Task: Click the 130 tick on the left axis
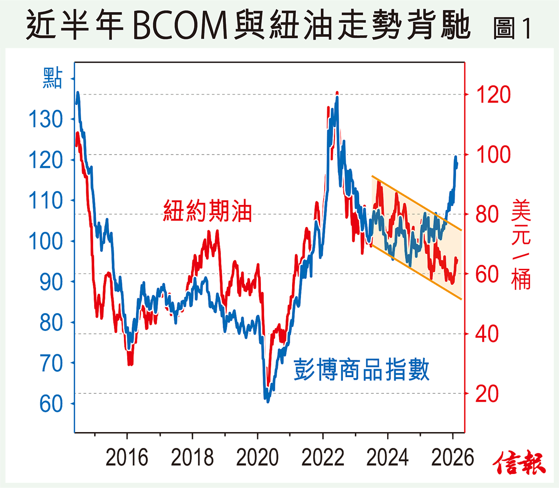[46, 119]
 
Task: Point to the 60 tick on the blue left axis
[51, 404]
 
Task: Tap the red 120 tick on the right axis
[493, 95]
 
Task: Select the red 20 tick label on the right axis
[487, 394]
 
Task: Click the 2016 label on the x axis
[127, 458]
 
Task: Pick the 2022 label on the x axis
[322, 458]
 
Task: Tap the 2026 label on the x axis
[452, 458]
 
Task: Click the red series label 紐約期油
[207, 211]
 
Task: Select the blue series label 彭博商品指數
[361, 370]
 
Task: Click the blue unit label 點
[52, 78]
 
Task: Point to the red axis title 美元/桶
[521, 244]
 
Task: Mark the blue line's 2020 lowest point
[267, 401]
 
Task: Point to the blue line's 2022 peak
[337, 98]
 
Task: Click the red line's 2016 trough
[130, 364]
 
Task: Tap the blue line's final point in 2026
[457, 164]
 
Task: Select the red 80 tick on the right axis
[487, 214]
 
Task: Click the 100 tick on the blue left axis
[46, 241]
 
